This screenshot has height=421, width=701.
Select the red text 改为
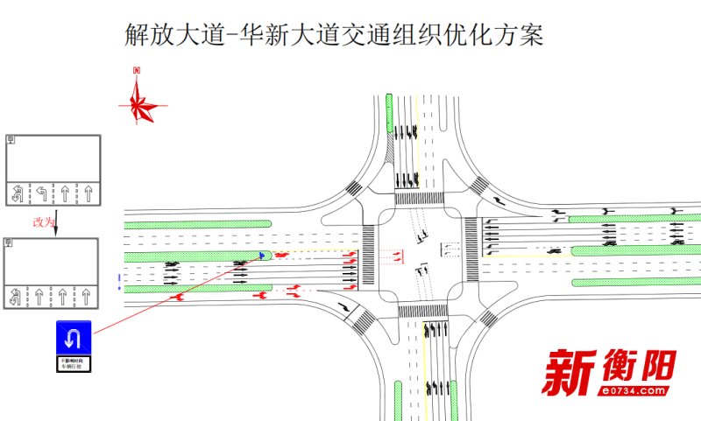pyautogui.click(x=43, y=222)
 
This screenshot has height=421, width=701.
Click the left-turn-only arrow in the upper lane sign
pyautogui.click(x=40, y=192)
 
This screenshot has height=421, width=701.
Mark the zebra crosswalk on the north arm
pyautogui.click(x=419, y=200)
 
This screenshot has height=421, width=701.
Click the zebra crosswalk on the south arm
pyautogui.click(x=423, y=311)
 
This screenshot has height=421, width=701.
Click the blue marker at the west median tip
pyautogui.click(x=262, y=256)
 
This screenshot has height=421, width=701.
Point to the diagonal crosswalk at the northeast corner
pyautogui.click(x=478, y=186)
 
